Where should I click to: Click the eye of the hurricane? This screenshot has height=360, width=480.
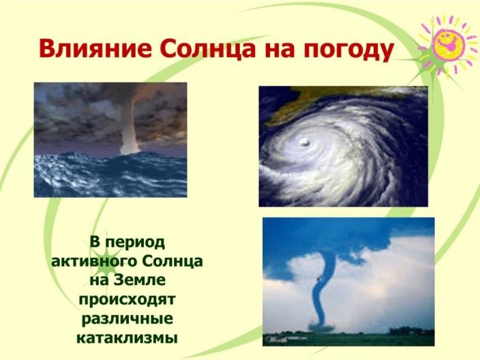pos(305,141)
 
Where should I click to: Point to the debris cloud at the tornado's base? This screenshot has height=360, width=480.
pos(321,327)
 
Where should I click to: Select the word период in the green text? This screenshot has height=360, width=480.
pos(135,243)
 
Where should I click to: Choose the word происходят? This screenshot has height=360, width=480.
pos(127,299)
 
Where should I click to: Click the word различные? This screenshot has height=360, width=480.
pos(127,318)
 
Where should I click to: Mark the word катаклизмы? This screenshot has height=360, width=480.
pos(127,338)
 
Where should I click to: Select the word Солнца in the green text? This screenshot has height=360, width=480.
pos(172,261)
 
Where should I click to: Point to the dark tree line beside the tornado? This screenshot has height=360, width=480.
pos(410,331)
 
